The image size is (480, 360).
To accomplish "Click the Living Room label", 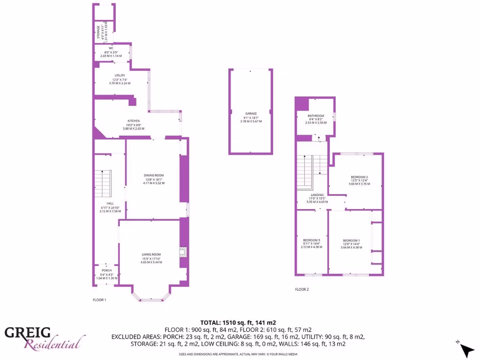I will (151, 254).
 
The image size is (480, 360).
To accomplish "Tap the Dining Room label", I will (153, 175).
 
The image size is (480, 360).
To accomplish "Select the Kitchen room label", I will (134, 121).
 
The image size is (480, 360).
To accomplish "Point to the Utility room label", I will (120, 75).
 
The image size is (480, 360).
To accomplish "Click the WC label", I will (111, 48).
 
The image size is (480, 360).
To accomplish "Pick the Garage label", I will (251, 113).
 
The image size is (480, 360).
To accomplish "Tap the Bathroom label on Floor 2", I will (315, 116).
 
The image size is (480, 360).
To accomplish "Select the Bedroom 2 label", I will (359, 177).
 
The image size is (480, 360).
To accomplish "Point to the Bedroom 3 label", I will (311, 240).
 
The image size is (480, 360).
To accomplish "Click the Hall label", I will (110, 203).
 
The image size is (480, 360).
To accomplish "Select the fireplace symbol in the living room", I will (182, 253).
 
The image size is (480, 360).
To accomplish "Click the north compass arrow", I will (467, 350).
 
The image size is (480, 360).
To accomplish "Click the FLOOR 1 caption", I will (99, 299).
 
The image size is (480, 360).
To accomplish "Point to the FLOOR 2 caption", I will (302, 289).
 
